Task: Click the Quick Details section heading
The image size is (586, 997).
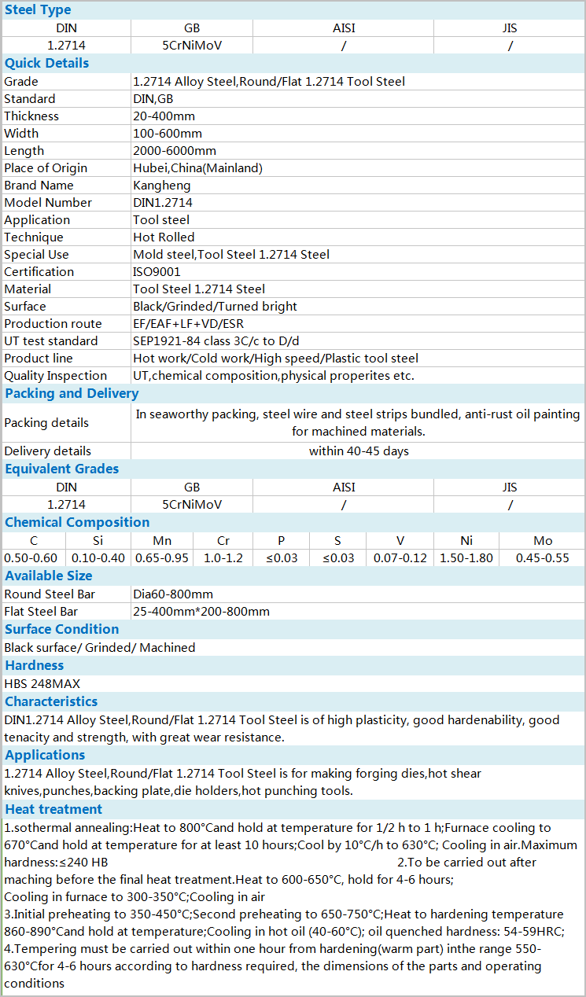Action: [47, 63]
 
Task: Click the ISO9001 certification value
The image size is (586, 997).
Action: [157, 272]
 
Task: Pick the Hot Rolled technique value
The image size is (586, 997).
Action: [164, 237]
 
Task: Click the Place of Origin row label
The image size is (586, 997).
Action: [46, 168]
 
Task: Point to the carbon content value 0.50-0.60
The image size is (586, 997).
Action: [33, 558]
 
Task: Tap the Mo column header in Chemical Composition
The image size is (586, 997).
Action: [543, 541]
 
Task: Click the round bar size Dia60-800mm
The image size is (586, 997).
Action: [173, 594]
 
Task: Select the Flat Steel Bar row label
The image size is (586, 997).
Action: [41, 612]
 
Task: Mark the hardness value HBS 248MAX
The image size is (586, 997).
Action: [42, 684]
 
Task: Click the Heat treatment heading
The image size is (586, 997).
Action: [53, 809]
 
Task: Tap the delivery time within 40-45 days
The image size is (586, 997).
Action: [359, 451]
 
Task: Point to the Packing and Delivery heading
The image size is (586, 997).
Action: [72, 393]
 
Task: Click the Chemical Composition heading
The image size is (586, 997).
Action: [77, 522]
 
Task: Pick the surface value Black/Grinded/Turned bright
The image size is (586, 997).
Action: [216, 307]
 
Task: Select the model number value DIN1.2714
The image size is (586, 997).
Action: [163, 203]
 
